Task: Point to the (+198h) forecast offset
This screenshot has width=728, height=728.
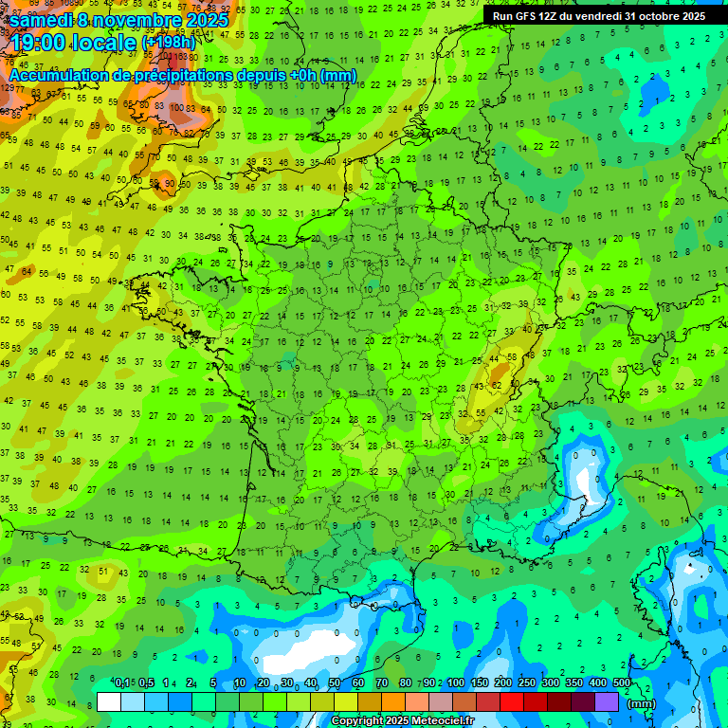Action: point(168,43)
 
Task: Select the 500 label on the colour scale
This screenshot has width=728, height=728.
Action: point(622,683)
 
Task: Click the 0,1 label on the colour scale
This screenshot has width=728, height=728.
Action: point(122,683)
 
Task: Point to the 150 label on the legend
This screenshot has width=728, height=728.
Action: point(480,683)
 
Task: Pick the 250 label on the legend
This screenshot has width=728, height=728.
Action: point(527,683)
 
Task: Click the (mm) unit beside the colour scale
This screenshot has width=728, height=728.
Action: point(642,703)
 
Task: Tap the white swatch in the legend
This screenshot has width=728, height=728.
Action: point(109,702)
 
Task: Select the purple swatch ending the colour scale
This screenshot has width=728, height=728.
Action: point(607,702)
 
